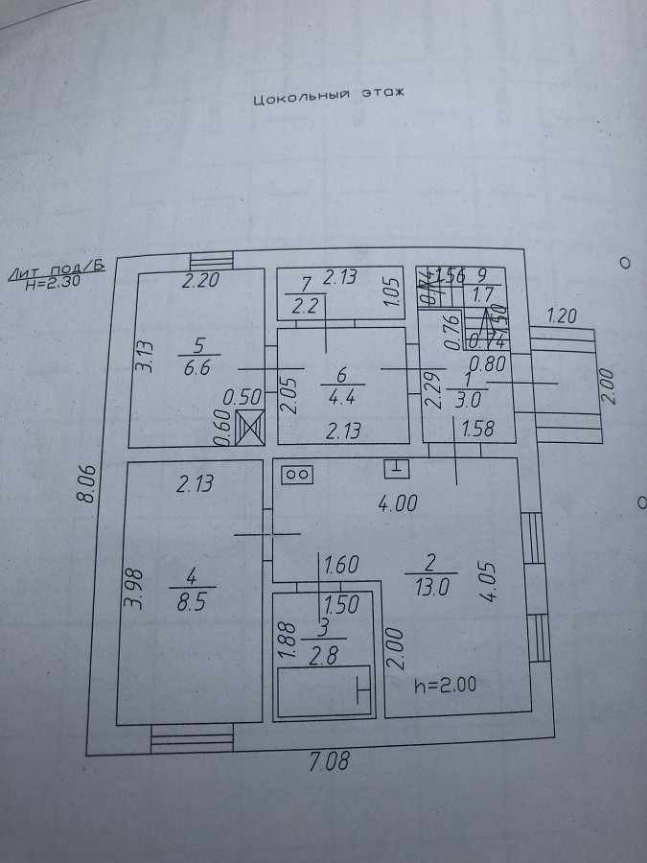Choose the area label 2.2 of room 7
[306, 308]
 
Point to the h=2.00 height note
[445, 685]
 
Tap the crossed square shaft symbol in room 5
[250, 426]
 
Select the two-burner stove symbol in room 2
[296, 473]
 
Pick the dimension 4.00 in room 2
[397, 502]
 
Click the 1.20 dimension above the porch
[564, 315]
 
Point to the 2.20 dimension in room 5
[202, 282]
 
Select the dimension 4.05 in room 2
[489, 579]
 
